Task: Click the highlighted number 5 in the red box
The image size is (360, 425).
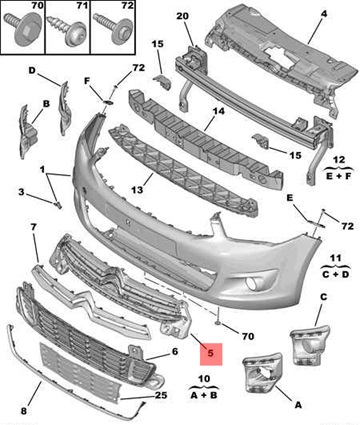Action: point(210,353)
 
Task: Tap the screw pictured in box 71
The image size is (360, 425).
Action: point(67,30)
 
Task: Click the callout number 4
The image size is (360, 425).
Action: point(324,14)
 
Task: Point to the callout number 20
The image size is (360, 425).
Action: point(182,16)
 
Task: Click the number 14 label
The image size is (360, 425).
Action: point(218,111)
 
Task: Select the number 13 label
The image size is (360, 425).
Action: point(137,190)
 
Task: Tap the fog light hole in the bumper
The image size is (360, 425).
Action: point(252,284)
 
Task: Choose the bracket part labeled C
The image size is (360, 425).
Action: point(310,345)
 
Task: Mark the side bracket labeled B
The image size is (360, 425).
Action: point(27,131)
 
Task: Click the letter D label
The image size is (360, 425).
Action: point(32,70)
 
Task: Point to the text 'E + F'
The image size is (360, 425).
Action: point(339,176)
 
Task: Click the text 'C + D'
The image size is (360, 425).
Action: point(336,275)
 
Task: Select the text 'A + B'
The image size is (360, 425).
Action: point(204,395)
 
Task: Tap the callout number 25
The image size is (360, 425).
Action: point(160,395)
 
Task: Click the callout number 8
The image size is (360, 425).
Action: point(23,411)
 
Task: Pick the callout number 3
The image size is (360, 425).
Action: point(21,192)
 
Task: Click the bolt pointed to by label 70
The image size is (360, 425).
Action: point(217,316)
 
